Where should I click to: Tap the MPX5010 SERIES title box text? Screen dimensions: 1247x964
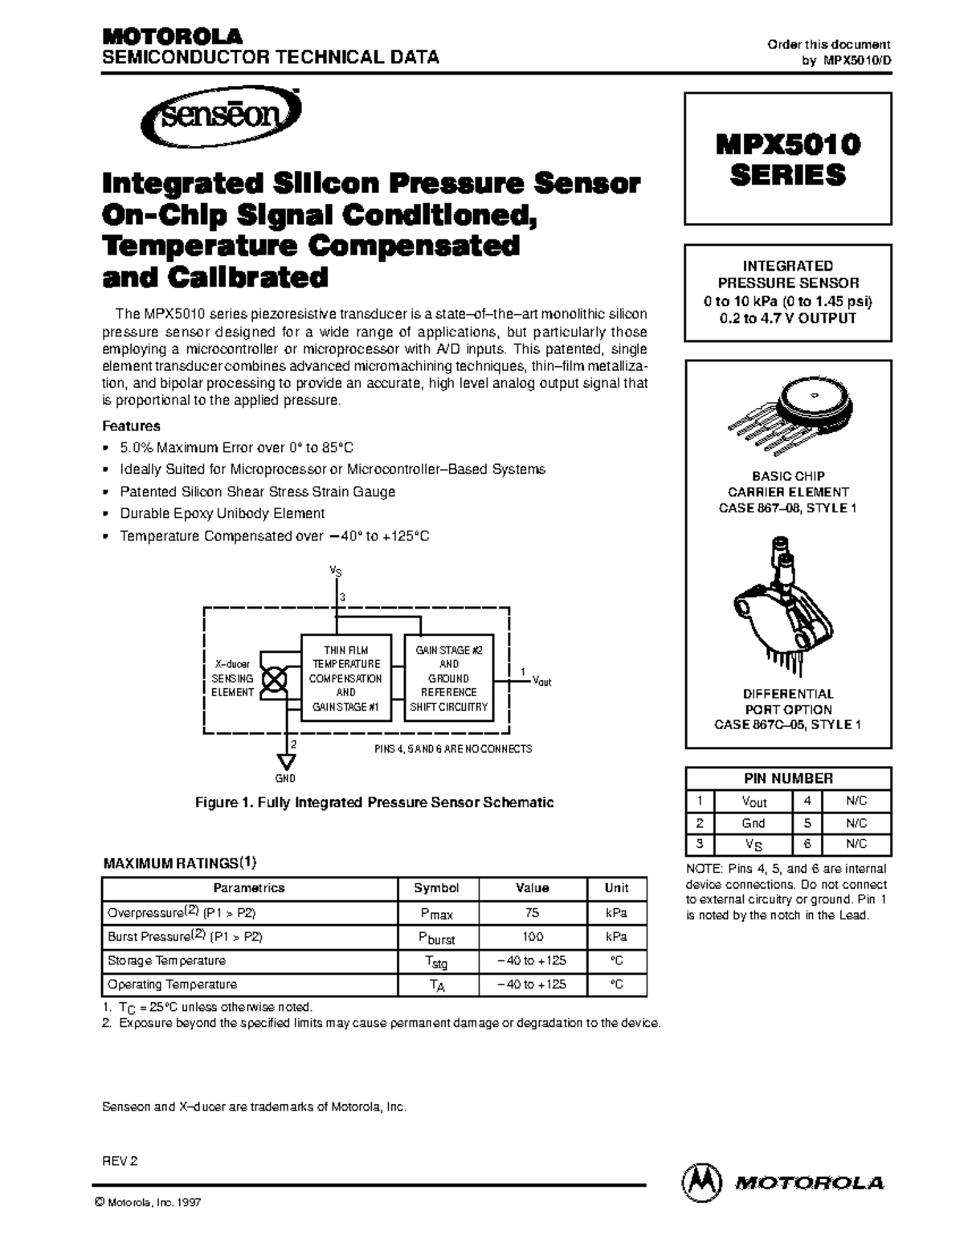click(787, 159)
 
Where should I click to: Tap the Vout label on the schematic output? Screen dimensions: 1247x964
click(542, 681)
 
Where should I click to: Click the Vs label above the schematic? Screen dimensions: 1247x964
click(336, 571)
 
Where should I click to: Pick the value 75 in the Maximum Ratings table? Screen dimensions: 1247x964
click(532, 912)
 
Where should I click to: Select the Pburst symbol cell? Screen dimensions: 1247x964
click(437, 937)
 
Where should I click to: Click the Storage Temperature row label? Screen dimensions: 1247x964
click(166, 960)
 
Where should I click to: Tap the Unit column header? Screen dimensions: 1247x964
click(616, 888)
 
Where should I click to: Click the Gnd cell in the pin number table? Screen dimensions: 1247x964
click(753, 823)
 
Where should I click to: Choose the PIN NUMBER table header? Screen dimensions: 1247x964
click(787, 778)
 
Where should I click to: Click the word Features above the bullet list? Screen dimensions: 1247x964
click(132, 426)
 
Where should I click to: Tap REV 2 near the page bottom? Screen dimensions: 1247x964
click(120, 1161)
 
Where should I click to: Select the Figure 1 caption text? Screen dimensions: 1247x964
click(375, 802)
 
